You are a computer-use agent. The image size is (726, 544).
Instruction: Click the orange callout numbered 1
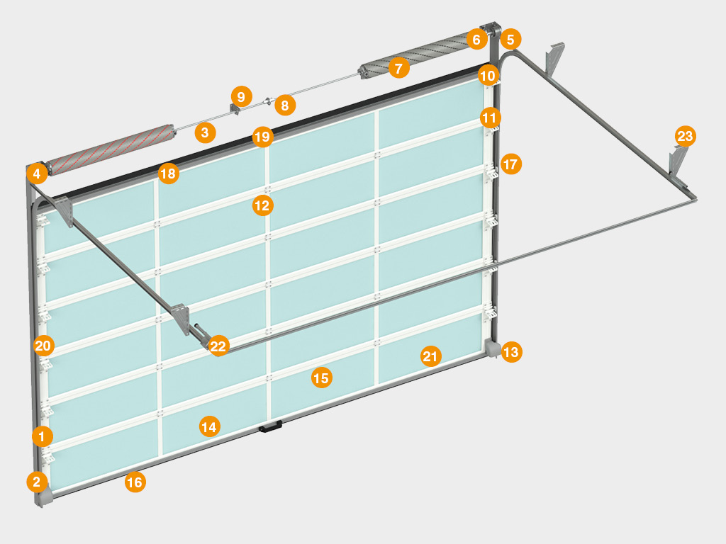click(42, 436)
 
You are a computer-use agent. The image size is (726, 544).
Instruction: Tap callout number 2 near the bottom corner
click(37, 482)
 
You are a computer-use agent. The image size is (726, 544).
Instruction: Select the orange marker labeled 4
click(37, 174)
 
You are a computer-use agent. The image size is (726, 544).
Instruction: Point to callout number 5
click(510, 40)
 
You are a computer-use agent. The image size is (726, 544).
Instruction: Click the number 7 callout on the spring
click(398, 68)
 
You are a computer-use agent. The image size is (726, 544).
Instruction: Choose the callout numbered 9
click(241, 96)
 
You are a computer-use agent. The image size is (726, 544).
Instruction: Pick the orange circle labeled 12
click(262, 205)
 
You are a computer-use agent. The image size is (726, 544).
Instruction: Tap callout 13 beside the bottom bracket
click(511, 352)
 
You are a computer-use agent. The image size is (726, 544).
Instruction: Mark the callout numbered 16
click(135, 482)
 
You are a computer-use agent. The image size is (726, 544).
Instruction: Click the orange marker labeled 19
click(262, 137)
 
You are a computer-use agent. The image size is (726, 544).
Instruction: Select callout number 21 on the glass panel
click(430, 356)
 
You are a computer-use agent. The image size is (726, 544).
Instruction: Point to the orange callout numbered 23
click(686, 136)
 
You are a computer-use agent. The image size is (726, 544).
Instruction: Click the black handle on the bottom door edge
click(271, 426)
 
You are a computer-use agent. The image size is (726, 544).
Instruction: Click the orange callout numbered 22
click(218, 346)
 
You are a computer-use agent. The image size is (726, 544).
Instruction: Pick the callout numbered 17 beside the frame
click(511, 164)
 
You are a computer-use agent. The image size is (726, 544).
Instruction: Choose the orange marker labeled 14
click(209, 426)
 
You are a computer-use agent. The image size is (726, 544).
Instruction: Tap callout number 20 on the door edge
click(43, 346)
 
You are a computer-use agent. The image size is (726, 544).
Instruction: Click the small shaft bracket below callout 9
click(234, 110)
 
